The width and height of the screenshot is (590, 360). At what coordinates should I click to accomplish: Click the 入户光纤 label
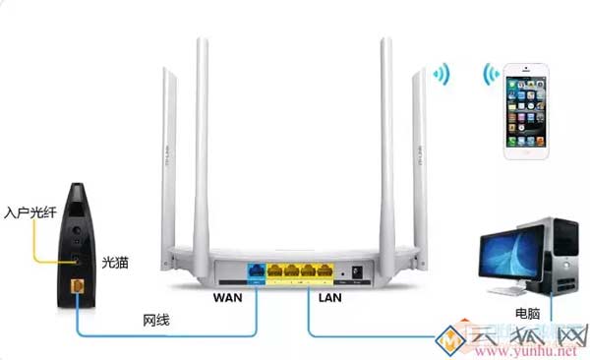tap(27, 211)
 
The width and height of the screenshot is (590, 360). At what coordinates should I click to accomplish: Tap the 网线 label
tap(157, 320)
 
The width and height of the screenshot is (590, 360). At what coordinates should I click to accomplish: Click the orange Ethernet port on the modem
tap(79, 285)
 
